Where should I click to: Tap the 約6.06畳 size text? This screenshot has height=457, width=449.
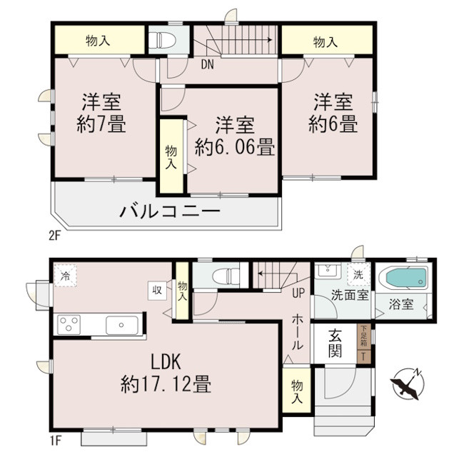coord(235,149)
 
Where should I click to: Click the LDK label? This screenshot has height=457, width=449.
coord(165,361)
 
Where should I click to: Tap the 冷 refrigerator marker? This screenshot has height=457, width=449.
coord(66,275)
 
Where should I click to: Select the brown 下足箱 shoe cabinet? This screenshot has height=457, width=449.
coord(363,344)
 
